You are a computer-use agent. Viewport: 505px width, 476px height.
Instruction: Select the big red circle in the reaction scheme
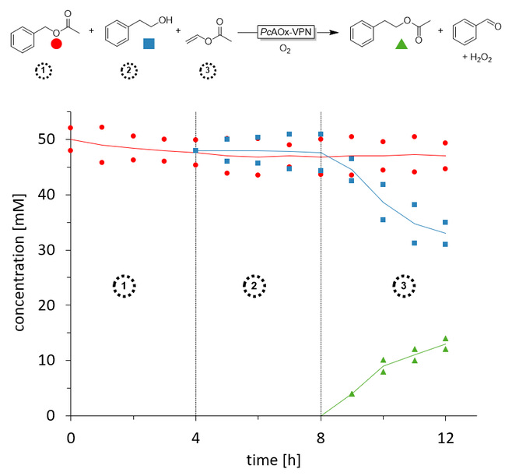pos(56,44)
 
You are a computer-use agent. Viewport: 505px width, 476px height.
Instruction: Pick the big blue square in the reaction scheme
pos(148,44)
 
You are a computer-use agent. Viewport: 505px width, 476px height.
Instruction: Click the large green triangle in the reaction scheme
pos(402,44)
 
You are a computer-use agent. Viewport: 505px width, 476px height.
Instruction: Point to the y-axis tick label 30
pos(52,250)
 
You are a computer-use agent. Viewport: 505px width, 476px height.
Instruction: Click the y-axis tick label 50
pos(52,139)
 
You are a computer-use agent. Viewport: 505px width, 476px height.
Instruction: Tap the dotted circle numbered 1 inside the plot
pos(124,286)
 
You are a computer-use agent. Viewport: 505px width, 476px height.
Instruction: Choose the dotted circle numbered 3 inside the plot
pos(402,286)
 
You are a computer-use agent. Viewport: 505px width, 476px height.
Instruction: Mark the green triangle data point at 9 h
pos(352,393)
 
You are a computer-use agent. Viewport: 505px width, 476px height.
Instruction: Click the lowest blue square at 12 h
pos(445,244)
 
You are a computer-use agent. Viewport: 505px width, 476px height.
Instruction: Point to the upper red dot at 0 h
pos(71,128)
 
